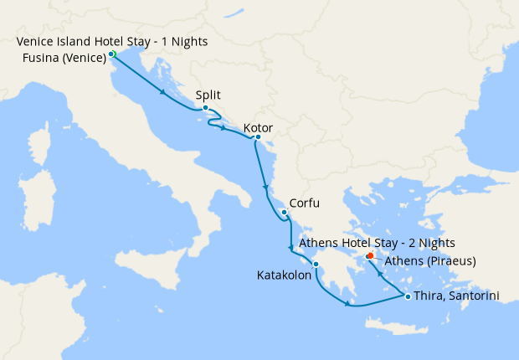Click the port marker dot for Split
(205, 107)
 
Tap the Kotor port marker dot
(258, 137)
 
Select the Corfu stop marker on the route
(285, 213)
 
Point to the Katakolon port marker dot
(316, 265)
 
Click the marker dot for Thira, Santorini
(408, 296)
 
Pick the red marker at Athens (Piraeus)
(370, 256)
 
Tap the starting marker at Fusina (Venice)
(111, 54)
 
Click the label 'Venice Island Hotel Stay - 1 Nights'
(112, 42)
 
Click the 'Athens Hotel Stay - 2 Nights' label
(377, 243)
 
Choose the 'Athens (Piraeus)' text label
(429, 261)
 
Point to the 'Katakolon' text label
(284, 275)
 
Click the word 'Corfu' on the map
(304, 203)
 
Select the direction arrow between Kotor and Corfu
(265, 186)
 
